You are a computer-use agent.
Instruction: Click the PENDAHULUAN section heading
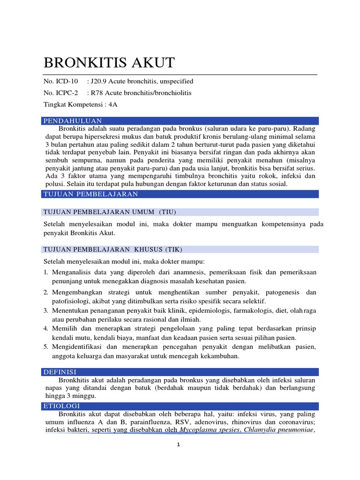point(73,121)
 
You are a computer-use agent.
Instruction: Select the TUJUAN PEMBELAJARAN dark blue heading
point(90,194)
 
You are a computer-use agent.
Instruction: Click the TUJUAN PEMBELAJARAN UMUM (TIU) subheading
point(109,212)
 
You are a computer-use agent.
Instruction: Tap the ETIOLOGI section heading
point(62,406)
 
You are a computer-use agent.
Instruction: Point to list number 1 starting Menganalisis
point(46,272)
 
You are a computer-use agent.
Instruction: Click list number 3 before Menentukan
point(46,310)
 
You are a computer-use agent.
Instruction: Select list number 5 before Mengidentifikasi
point(46,347)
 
